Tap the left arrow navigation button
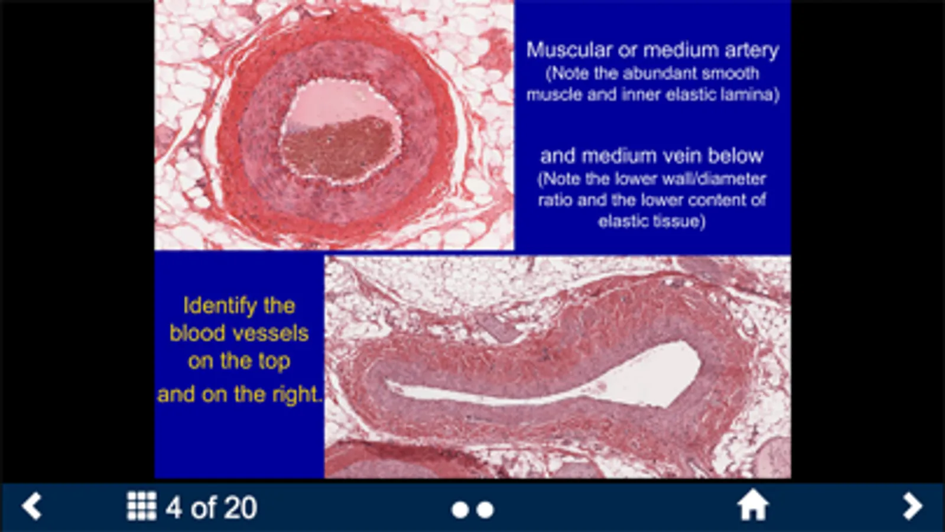pyautogui.click(x=32, y=505)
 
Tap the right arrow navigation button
pyautogui.click(x=912, y=506)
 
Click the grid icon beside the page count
pyautogui.click(x=142, y=506)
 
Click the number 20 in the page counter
pyautogui.click(x=240, y=507)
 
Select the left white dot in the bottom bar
pyautogui.click(x=460, y=510)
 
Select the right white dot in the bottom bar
pyautogui.click(x=485, y=510)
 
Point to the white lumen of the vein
pyautogui.click(x=650, y=375)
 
